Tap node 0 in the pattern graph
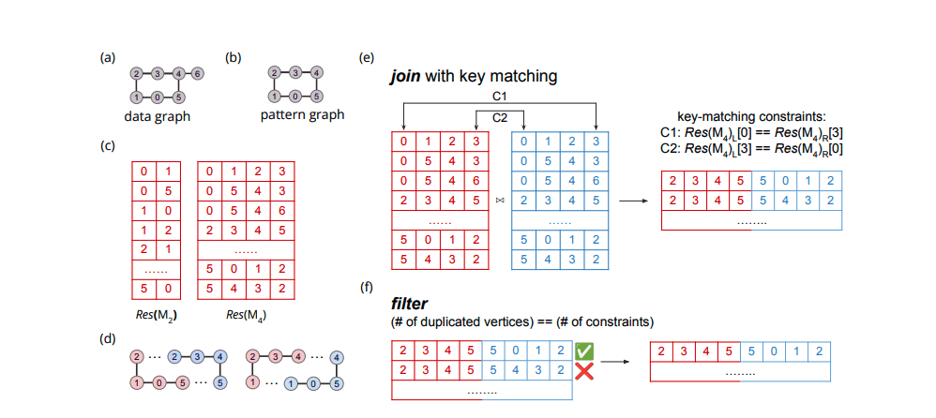click(x=294, y=96)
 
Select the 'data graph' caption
click(x=158, y=117)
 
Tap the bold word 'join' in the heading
click(x=406, y=77)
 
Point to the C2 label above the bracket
click(x=500, y=117)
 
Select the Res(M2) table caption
click(x=152, y=314)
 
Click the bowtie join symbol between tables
click(x=499, y=201)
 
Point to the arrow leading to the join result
click(x=635, y=201)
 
